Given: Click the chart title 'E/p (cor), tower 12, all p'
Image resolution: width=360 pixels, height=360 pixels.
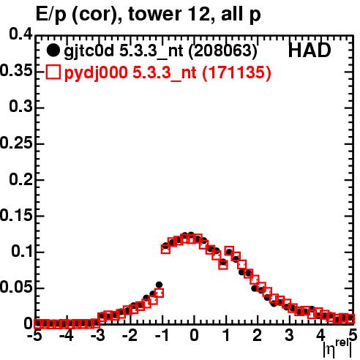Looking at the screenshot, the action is tap(149, 15).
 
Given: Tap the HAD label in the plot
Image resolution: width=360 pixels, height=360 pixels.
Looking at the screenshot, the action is tap(310, 50).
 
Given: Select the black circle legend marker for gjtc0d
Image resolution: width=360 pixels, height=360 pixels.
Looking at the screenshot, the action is tap(53, 50).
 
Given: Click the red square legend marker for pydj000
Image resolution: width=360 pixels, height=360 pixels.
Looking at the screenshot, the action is tap(53, 72).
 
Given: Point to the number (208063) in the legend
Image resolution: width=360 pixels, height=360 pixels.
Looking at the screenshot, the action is tap(223, 50).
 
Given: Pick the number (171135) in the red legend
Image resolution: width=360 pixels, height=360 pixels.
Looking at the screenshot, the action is tap(237, 72).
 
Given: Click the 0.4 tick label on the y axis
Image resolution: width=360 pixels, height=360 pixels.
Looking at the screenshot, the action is tap(20, 34).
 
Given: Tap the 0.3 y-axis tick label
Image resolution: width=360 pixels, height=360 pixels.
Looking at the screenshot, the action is tap(20, 106).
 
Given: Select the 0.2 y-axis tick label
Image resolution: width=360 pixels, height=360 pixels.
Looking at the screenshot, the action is tap(20, 180).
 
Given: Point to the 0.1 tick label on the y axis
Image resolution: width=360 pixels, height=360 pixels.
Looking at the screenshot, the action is tap(22, 251).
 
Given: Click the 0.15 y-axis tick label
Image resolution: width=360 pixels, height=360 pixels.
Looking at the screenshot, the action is tap(16, 215).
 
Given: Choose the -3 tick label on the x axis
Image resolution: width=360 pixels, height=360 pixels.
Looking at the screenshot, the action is tap(97, 335).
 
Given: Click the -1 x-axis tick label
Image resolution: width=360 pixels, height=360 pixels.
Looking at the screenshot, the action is tap(162, 335).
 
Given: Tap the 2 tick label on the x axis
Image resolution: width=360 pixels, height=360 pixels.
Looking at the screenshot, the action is tap(257, 335).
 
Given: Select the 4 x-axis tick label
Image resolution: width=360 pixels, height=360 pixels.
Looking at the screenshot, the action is tap(321, 335).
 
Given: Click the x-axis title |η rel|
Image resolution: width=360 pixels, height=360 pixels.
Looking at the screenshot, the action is tap(338, 348).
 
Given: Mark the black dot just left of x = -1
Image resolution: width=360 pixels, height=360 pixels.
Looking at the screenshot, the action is tap(159, 285).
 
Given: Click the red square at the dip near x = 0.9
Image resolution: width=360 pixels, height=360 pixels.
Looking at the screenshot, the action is tap(223, 265).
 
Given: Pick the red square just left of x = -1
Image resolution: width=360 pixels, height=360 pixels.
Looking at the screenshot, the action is tap(159, 293).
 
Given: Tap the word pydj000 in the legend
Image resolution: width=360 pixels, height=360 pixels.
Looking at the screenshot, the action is tap(96, 73).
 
